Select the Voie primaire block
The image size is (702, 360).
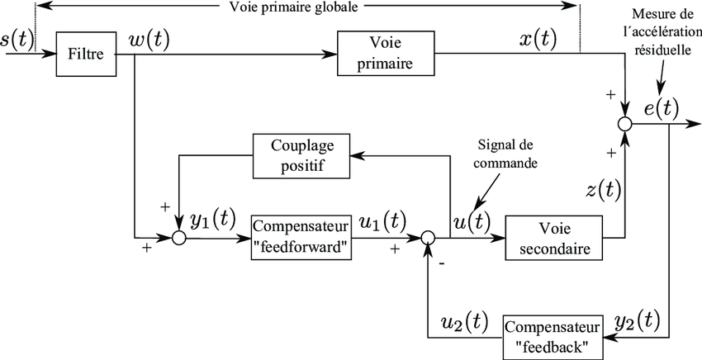[386, 56]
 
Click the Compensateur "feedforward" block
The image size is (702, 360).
[301, 238]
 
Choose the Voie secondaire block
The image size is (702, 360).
[552, 238]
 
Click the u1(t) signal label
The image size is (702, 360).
[383, 221]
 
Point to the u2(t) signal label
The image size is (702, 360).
[464, 321]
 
